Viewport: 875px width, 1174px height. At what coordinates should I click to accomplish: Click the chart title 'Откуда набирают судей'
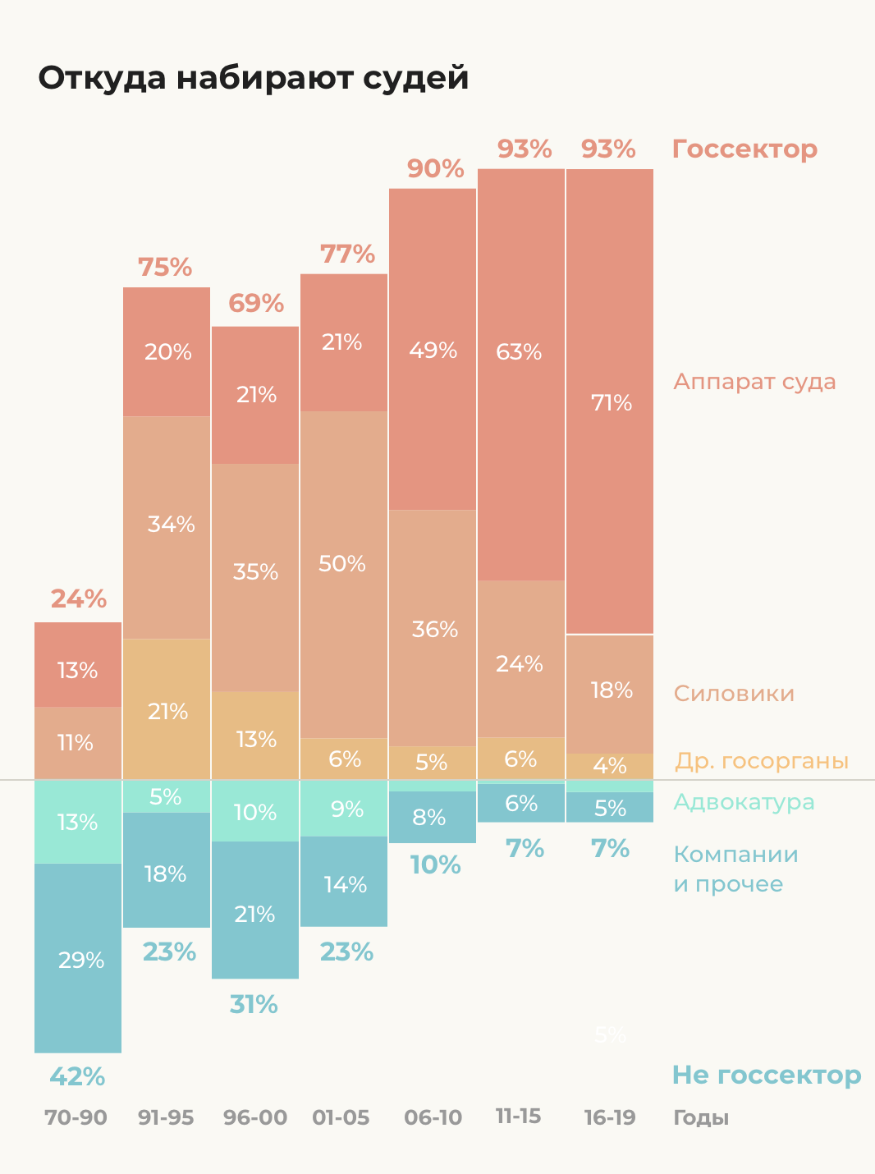pos(254,78)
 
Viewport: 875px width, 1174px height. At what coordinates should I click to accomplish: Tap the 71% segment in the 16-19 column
pos(610,402)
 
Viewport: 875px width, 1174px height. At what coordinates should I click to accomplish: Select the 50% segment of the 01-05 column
pos(343,565)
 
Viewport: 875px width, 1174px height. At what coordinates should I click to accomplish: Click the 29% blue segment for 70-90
pos(79,959)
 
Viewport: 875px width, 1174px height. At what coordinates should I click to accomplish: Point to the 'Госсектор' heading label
pos(744,149)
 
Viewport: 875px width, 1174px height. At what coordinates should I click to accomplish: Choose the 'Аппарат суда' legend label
pos(754,382)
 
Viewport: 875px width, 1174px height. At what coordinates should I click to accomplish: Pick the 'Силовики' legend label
pos(734,694)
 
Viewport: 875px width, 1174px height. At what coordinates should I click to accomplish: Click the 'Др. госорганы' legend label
pos(761,761)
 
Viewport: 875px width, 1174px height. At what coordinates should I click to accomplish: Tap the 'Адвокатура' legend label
pos(744,802)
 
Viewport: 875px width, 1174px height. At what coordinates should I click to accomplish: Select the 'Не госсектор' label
pos(766,1075)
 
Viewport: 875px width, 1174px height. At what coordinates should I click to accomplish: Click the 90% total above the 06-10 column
pos(435,169)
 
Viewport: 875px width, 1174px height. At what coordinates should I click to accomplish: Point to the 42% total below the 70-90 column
pos(77,1076)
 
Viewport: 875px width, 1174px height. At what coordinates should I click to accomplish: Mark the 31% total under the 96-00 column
pos(254,1004)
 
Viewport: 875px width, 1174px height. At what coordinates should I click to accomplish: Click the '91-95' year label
pos(166,1117)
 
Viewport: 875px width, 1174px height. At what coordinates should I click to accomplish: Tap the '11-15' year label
pos(518,1117)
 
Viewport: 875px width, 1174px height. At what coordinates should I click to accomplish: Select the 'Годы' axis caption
pos(701,1117)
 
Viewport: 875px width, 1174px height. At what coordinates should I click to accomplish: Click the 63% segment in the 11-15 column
pos(520,352)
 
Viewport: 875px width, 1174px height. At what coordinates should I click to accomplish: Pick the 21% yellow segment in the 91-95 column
pos(167,711)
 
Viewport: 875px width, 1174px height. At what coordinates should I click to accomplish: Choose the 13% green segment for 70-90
pos(78,822)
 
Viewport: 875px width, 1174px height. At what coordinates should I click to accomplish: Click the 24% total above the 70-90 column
pos(79,599)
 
